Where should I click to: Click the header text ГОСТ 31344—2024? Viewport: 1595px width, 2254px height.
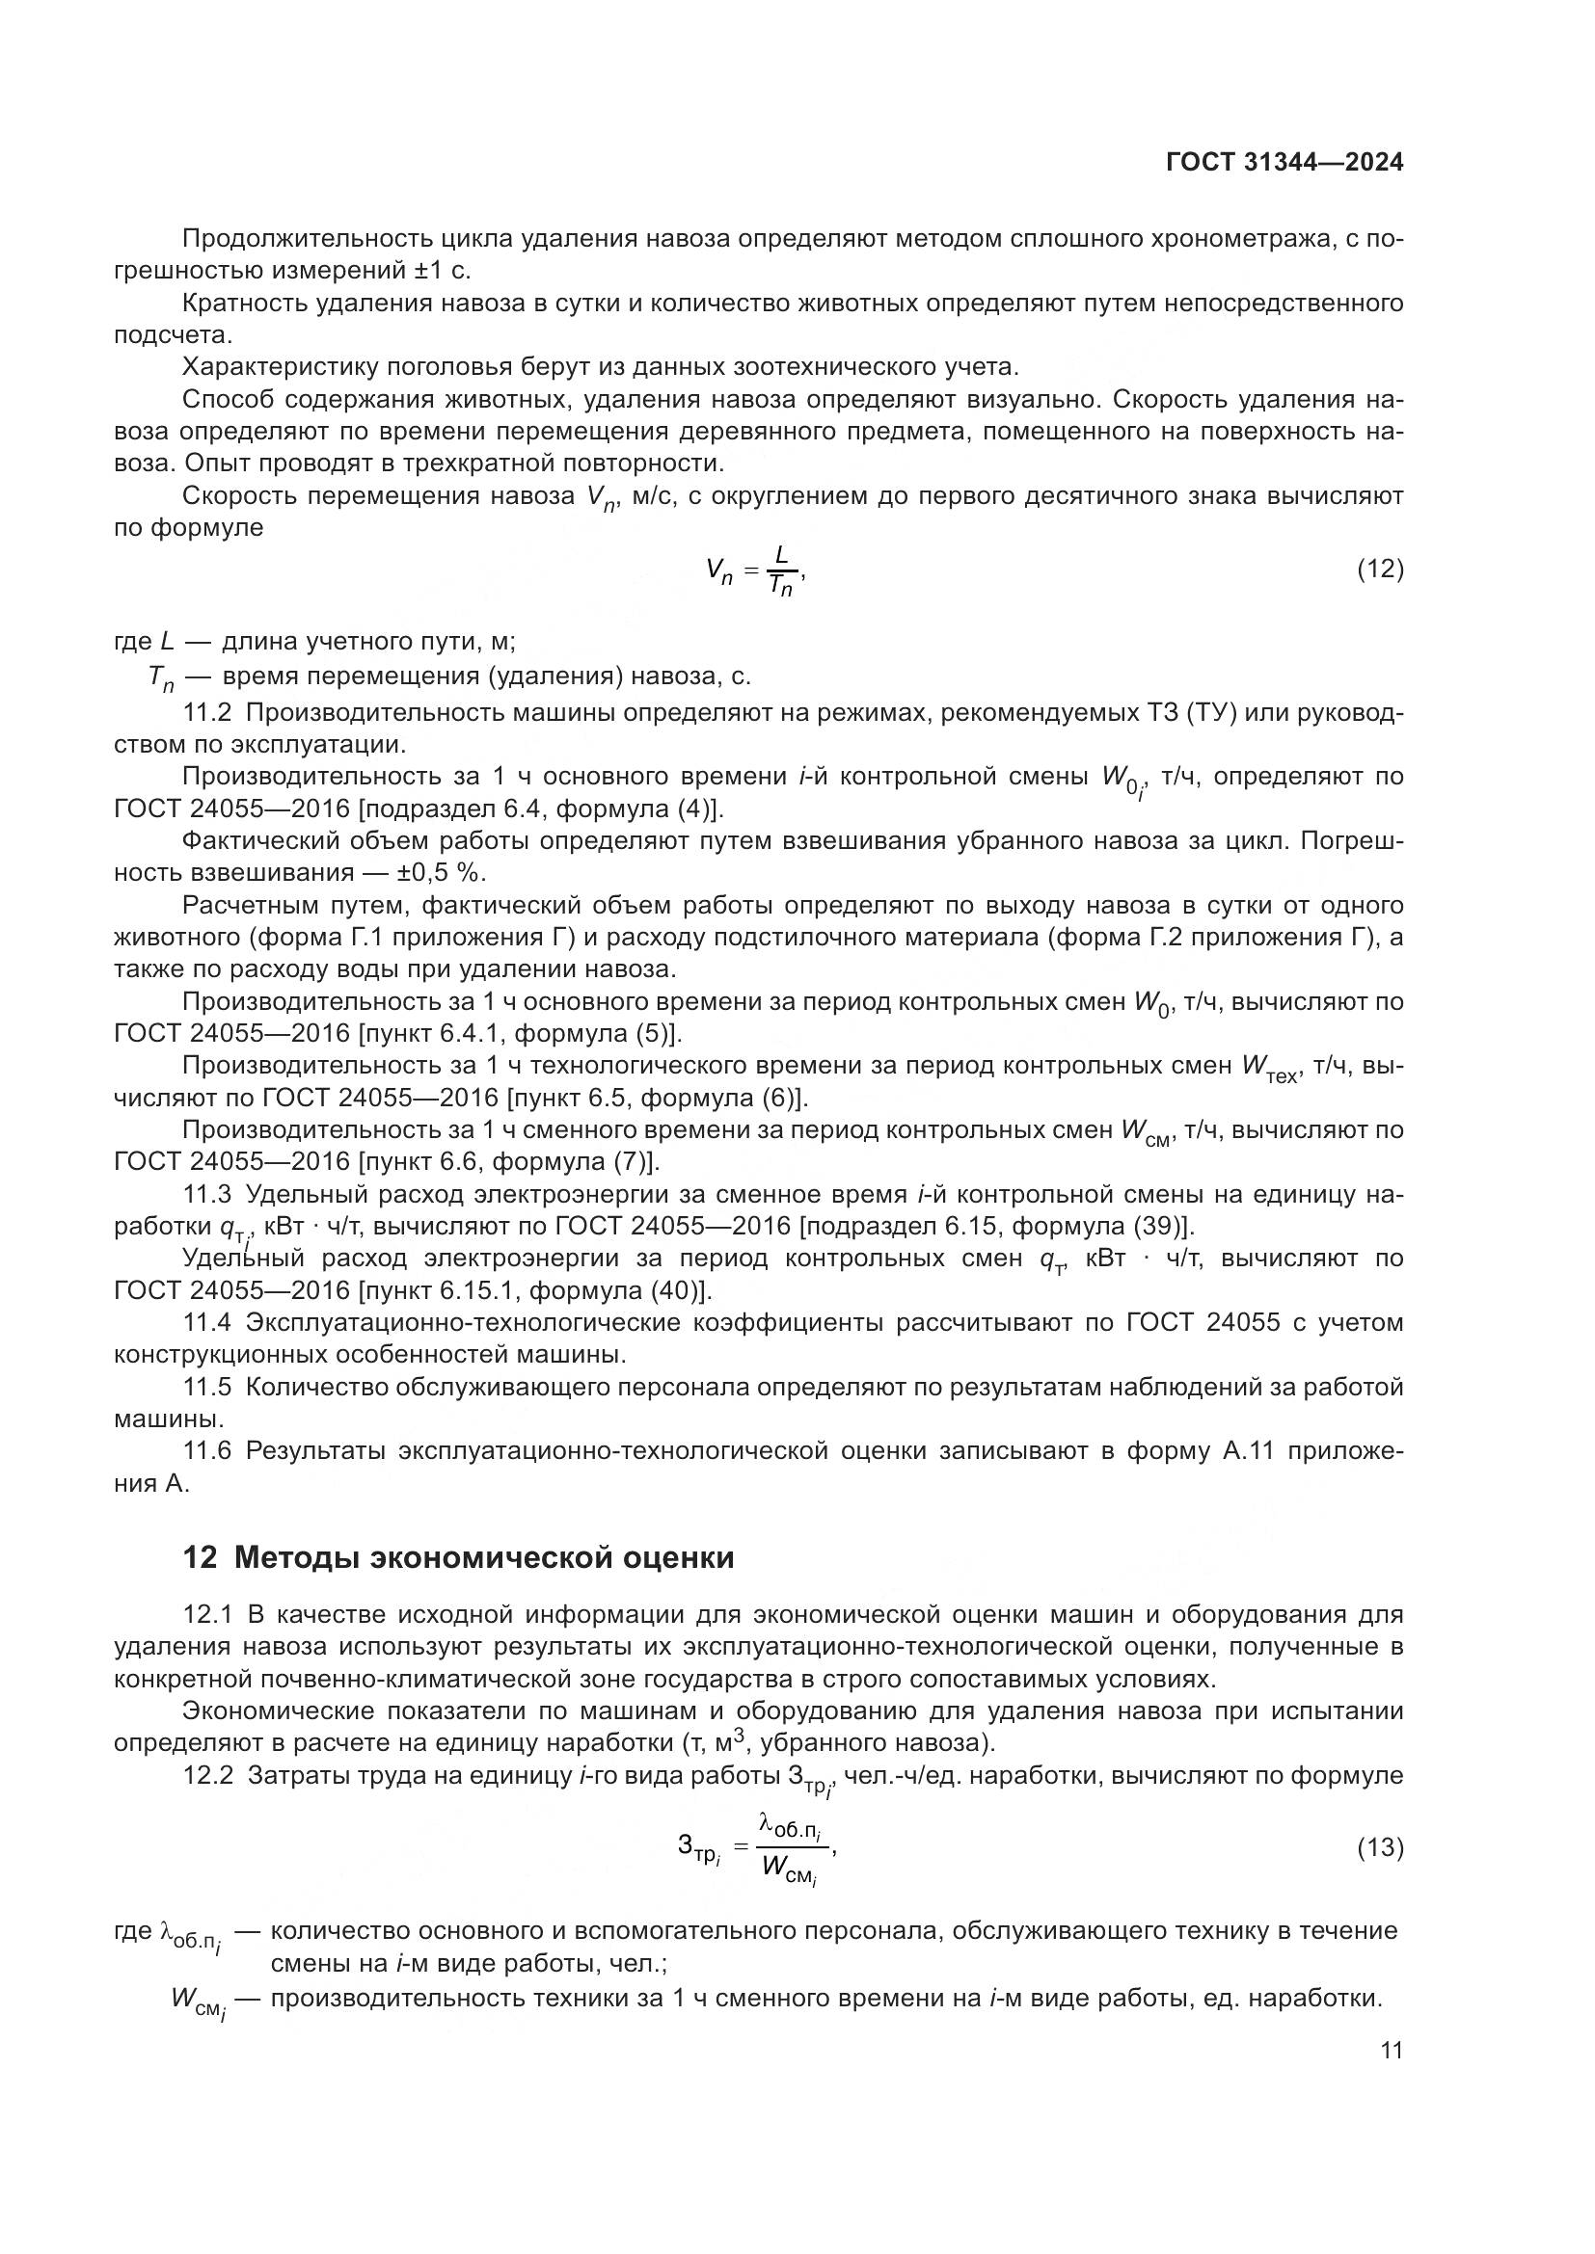click(1284, 163)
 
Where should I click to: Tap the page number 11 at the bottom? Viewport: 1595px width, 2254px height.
click(1391, 2051)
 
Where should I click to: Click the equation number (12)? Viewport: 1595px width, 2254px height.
click(1380, 569)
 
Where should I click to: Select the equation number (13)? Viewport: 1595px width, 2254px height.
click(1380, 1847)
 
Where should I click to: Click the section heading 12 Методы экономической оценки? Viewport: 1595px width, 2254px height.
click(459, 1558)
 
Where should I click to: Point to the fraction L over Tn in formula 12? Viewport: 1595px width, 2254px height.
click(781, 570)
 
